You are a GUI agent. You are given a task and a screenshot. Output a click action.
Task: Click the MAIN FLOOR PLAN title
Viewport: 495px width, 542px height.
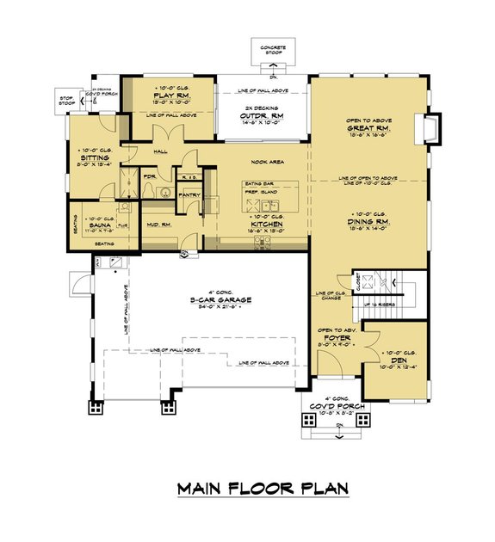pyautogui.click(x=263, y=489)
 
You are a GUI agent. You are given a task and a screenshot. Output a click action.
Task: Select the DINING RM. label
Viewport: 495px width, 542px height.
pyautogui.click(x=368, y=220)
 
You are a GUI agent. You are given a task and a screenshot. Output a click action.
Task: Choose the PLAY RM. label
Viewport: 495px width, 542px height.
pyautogui.click(x=170, y=95)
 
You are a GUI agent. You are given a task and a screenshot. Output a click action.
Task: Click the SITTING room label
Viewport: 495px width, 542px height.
pyautogui.click(x=93, y=159)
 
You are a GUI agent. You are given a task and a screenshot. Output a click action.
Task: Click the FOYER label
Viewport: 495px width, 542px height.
pyautogui.click(x=337, y=340)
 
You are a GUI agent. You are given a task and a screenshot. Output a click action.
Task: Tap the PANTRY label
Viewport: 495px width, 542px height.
pyautogui.click(x=189, y=194)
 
